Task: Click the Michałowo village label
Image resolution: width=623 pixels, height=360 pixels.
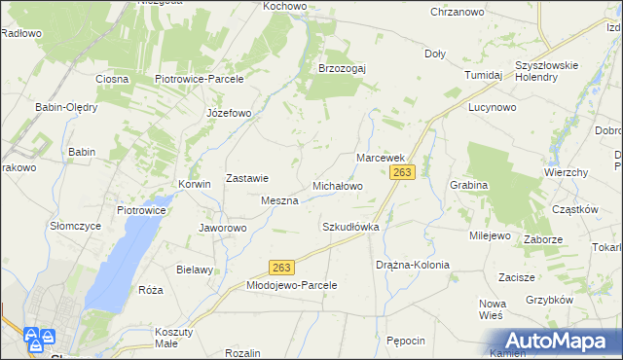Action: (337, 185)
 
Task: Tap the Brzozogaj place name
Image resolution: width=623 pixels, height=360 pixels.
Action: (342, 68)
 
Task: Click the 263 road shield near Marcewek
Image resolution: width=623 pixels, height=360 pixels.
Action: (403, 172)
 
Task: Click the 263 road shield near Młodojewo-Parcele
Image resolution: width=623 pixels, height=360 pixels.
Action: (281, 267)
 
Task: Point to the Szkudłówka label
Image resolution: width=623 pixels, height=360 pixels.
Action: (349, 227)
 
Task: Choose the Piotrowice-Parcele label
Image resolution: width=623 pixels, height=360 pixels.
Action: (199, 79)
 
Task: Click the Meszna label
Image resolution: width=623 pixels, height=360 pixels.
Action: (279, 200)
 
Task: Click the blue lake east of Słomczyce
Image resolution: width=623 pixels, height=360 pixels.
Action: (127, 258)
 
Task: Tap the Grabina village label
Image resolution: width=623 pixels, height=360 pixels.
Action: (468, 184)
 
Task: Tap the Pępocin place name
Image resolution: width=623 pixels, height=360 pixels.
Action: (406, 341)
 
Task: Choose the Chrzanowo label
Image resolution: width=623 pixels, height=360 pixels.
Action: (458, 12)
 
